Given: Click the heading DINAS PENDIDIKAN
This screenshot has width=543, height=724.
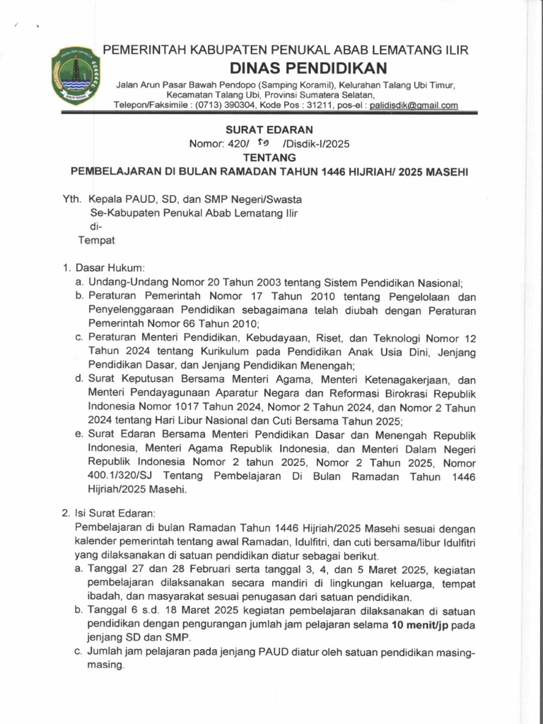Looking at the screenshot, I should tap(310, 68).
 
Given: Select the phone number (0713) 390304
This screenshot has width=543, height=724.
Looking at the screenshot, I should tap(244, 105).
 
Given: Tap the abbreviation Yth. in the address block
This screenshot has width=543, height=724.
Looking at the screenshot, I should tap(74, 199).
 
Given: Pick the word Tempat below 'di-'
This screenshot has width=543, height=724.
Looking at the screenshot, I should tap(95, 240).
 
